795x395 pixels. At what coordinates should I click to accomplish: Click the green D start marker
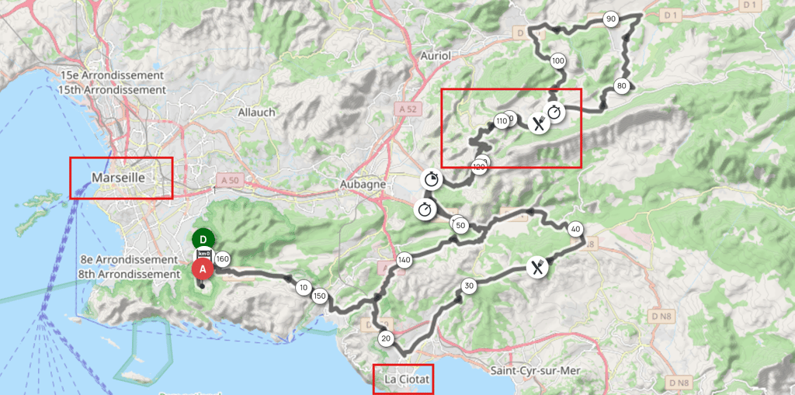pyautogui.click(x=203, y=238)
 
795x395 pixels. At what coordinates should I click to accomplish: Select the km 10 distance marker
pyautogui.click(x=303, y=287)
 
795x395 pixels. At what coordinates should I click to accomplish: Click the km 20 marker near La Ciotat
pyautogui.click(x=385, y=338)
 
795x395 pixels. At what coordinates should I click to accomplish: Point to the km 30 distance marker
pyautogui.click(x=468, y=286)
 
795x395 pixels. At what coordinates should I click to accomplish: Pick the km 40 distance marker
pyautogui.click(x=575, y=229)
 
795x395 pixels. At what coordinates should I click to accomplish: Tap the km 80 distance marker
pyautogui.click(x=621, y=86)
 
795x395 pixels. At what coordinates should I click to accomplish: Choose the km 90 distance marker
pyautogui.click(x=611, y=19)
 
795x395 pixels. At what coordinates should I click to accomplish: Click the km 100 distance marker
pyautogui.click(x=557, y=61)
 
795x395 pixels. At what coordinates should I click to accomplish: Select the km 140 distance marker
pyautogui.click(x=404, y=260)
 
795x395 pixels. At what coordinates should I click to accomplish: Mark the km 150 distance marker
pyautogui.click(x=319, y=296)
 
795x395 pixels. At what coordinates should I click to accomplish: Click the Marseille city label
pyautogui.click(x=120, y=178)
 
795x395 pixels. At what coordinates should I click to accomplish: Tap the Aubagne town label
pyautogui.click(x=363, y=184)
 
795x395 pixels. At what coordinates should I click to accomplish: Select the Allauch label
pyautogui.click(x=257, y=112)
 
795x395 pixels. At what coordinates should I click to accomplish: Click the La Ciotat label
pyautogui.click(x=402, y=379)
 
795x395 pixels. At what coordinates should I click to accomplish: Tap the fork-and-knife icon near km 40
pyautogui.click(x=537, y=268)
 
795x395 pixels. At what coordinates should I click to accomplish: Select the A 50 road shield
pyautogui.click(x=228, y=177)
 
